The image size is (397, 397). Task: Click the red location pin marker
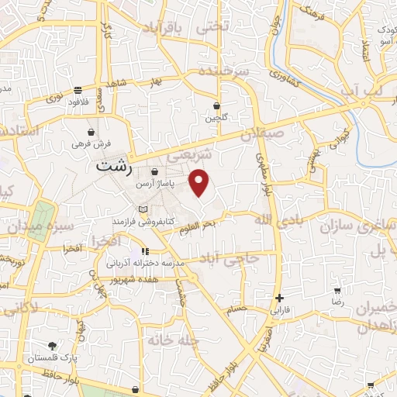200,182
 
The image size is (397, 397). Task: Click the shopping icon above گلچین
216,105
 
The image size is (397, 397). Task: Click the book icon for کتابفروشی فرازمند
142,209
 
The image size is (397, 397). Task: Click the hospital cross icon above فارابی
279,298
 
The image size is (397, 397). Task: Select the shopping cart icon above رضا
337,290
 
